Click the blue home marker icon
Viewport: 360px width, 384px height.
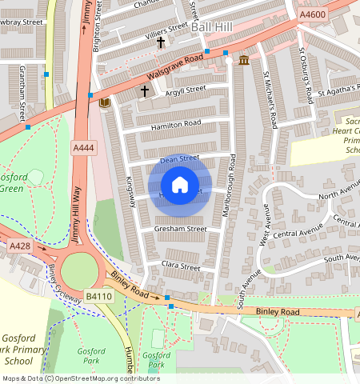tap(180, 185)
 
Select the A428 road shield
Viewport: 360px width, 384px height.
tap(19, 247)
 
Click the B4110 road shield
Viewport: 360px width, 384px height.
tap(98, 297)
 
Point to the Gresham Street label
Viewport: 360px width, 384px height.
tap(181, 229)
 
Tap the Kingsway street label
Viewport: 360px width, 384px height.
tap(130, 193)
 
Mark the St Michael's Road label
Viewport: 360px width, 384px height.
tap(270, 99)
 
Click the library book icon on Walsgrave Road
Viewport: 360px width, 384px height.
tap(103, 102)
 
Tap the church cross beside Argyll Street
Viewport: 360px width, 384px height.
tap(145, 91)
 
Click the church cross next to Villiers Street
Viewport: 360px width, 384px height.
tap(161, 42)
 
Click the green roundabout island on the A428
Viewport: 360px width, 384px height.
tap(78, 270)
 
